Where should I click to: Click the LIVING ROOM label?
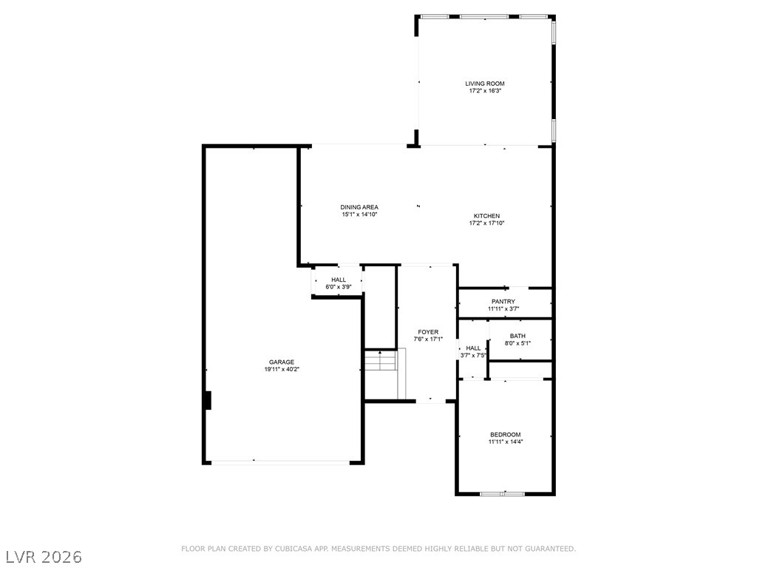point(485,84)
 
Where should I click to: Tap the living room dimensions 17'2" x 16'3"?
point(485,90)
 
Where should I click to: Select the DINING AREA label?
point(359,207)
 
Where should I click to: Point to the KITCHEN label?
point(486,216)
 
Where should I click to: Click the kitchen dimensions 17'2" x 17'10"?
point(486,223)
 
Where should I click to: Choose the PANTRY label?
point(503,302)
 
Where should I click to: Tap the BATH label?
point(517,337)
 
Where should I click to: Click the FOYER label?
point(428,332)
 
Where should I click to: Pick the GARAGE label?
point(282,362)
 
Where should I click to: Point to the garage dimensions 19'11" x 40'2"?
point(282,370)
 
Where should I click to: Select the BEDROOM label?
point(506,434)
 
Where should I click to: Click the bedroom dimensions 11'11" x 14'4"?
point(506,442)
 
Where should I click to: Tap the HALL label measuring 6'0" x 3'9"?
point(339,280)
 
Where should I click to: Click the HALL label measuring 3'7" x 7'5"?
point(473,348)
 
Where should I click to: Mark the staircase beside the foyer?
point(384,373)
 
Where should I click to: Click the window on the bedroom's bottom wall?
point(502,493)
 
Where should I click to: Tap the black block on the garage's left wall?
point(208,400)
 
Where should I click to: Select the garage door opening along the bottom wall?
point(280,462)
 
